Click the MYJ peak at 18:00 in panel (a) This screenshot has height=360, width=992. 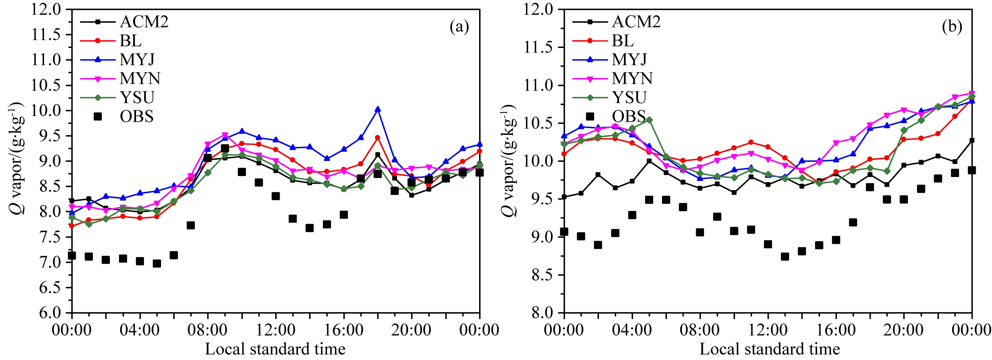coord(377,109)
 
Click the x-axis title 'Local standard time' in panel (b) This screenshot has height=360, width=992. coord(769,349)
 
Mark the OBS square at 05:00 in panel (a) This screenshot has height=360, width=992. coord(157,264)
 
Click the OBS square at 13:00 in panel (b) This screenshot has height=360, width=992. coord(785,256)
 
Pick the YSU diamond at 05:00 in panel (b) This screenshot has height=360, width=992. coord(649,120)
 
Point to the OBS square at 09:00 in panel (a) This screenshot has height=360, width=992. coord(225,148)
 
